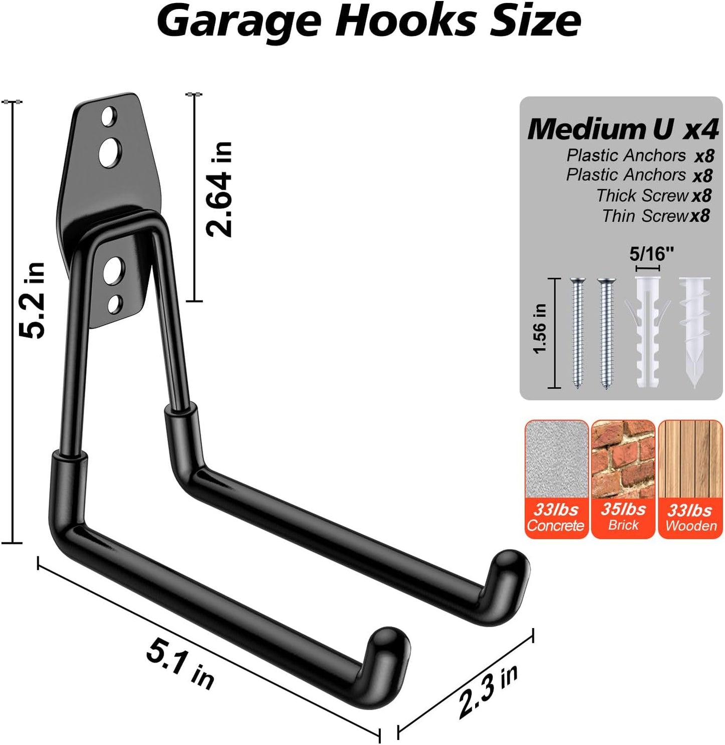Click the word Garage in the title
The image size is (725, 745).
[239, 21]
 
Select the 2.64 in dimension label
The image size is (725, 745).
[219, 189]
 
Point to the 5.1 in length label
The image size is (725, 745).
[180, 665]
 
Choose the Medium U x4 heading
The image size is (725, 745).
[623, 129]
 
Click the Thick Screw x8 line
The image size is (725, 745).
[653, 195]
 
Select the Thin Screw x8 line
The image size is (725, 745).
[655, 216]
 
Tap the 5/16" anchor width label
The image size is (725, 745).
[651, 254]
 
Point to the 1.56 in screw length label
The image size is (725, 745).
[540, 329]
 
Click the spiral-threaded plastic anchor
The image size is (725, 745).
[694, 331]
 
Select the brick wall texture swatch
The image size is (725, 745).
[623, 459]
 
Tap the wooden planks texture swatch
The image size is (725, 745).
[690, 459]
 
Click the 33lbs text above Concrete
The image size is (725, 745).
[556, 509]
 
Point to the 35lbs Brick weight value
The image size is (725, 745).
[623, 509]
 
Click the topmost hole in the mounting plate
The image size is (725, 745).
[108, 117]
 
